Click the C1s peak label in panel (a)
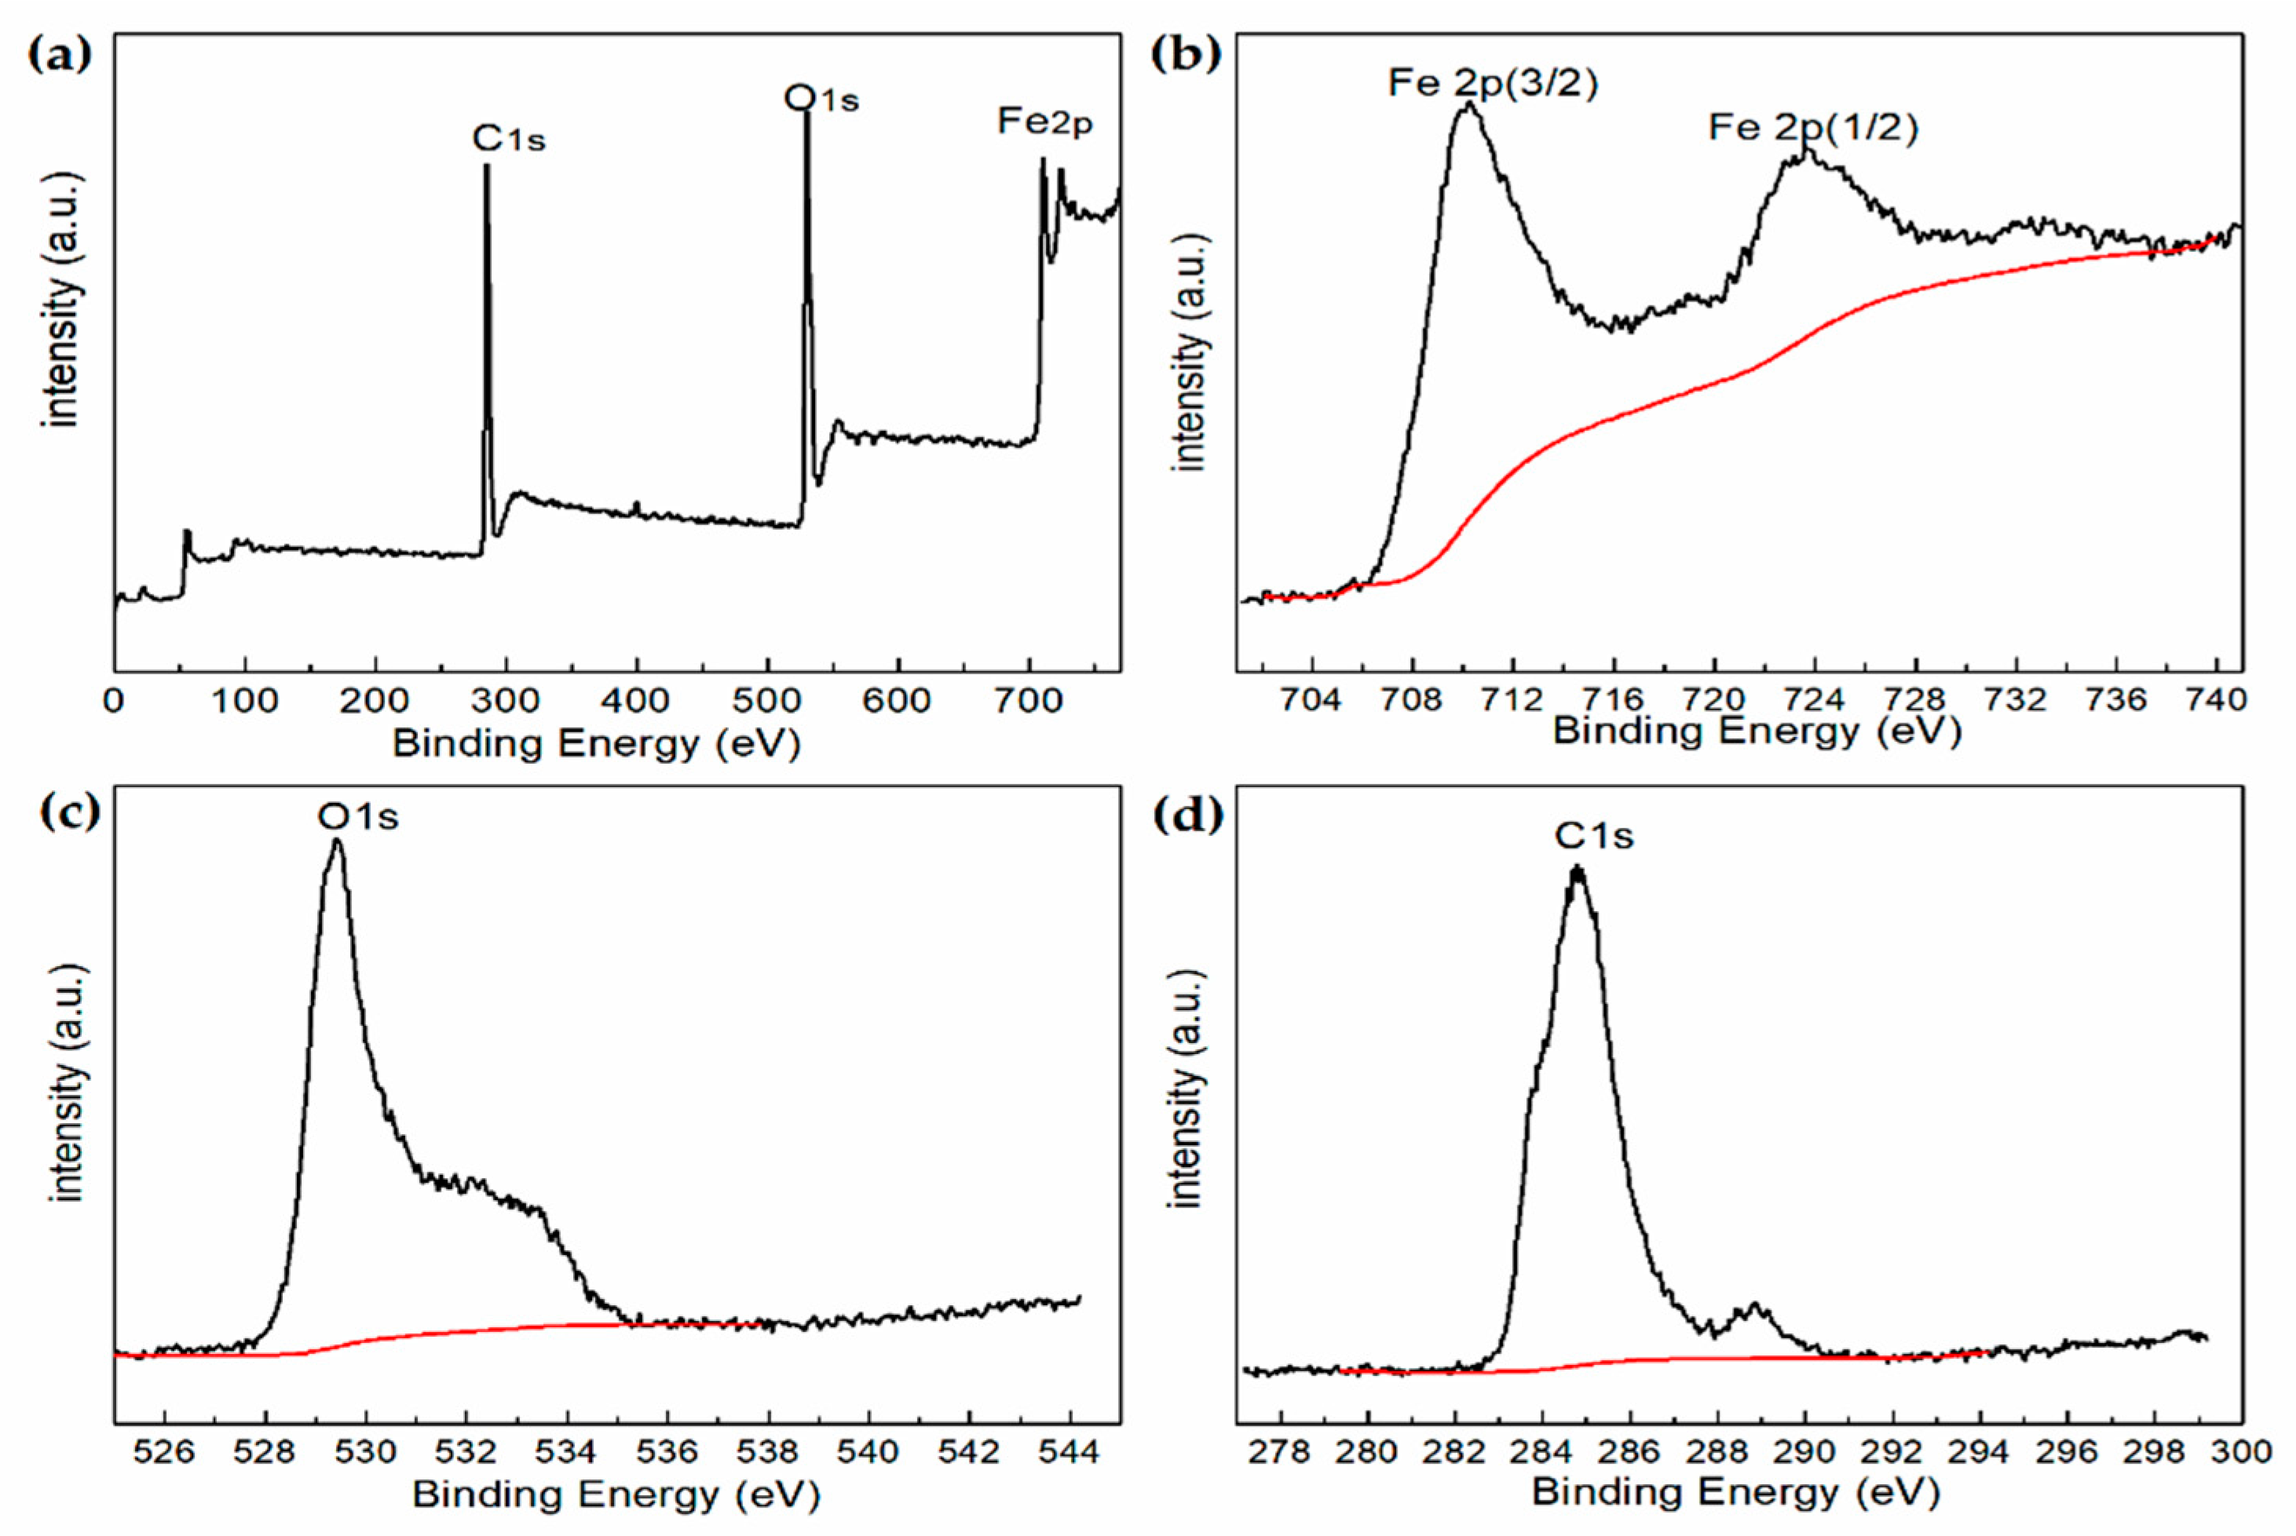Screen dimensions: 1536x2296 (509, 139)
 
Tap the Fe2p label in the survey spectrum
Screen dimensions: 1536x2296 (1044, 122)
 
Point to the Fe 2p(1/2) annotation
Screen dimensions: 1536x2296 (1813, 128)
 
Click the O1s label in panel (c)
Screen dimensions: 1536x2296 (359, 816)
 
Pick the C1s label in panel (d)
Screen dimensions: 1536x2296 (1594, 836)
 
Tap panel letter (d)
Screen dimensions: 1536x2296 (1186, 815)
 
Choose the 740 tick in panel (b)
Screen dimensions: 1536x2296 (2217, 700)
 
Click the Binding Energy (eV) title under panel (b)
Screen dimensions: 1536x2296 (1756, 732)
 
